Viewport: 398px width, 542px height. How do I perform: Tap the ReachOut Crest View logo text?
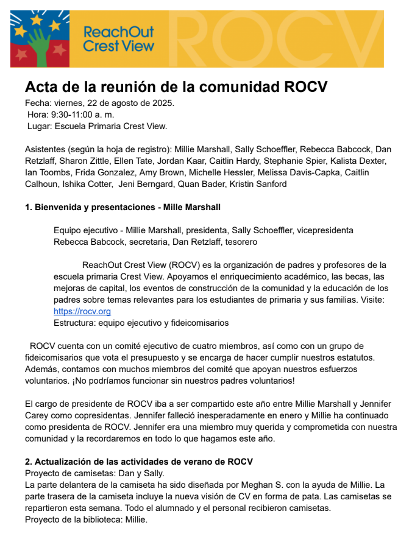click(118, 38)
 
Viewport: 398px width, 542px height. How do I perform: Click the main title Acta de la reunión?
click(176, 86)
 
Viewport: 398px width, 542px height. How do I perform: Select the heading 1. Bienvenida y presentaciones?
click(123, 207)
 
